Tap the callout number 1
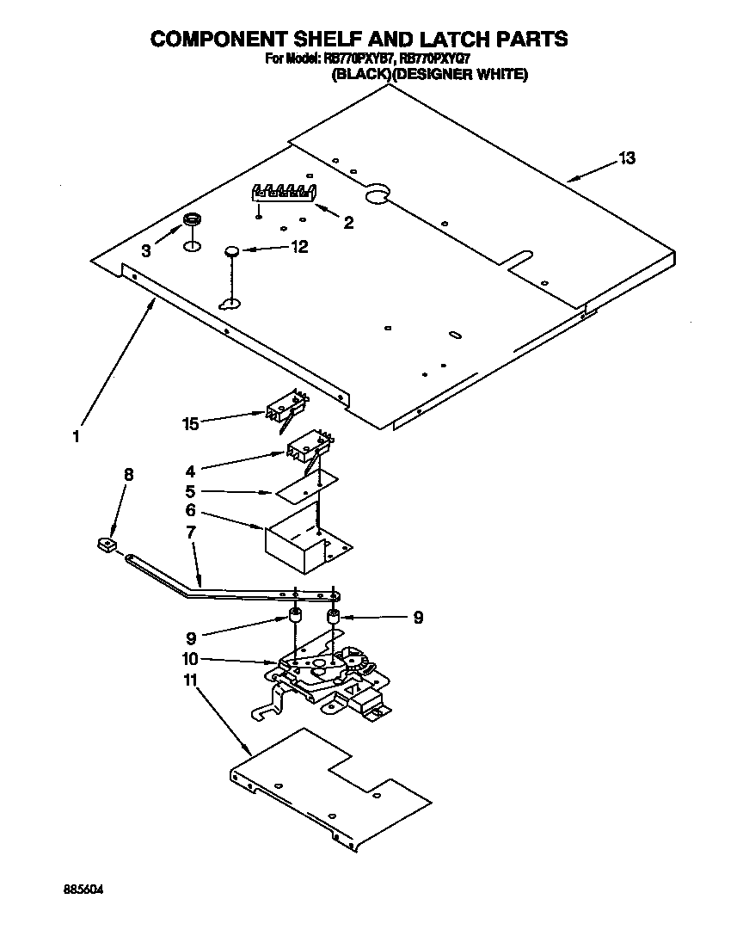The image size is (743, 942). (x=77, y=436)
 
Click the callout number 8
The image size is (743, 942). (x=129, y=474)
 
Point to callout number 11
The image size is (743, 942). (x=190, y=680)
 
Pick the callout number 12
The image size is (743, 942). (x=299, y=247)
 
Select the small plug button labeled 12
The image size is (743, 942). (x=231, y=250)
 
